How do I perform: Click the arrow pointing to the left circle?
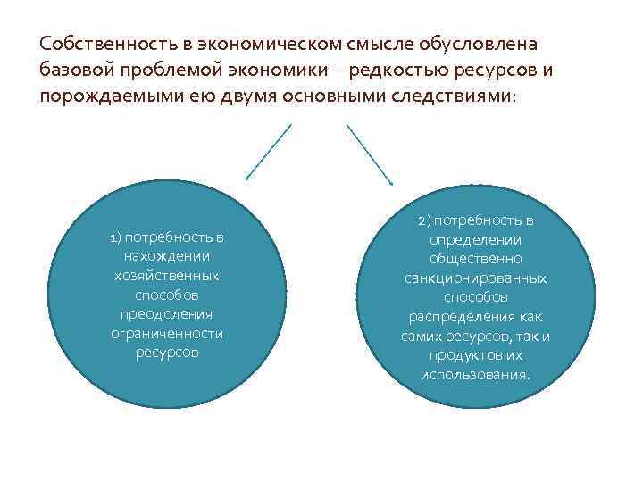(x=268, y=153)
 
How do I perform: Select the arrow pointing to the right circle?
(x=370, y=153)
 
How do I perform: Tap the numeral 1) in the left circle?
(x=115, y=237)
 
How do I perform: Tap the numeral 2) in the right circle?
(x=423, y=220)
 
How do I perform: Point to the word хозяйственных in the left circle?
(x=166, y=276)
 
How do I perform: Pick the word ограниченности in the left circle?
(x=166, y=333)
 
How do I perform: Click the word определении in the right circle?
(x=476, y=239)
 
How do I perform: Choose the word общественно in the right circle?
(x=476, y=259)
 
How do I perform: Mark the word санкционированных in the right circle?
(x=476, y=278)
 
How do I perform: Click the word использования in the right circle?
(x=474, y=374)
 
